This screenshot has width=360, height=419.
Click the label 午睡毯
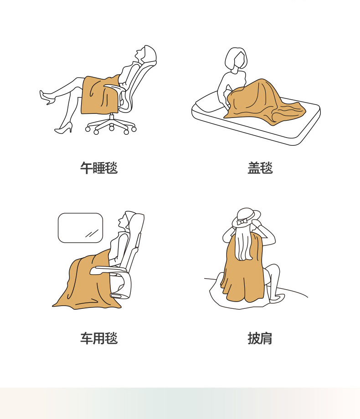(99, 168)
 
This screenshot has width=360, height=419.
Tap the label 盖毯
(260, 168)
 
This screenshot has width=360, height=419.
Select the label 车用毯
(99, 338)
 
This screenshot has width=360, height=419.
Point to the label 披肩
(260, 338)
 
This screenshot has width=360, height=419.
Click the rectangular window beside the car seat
(81, 228)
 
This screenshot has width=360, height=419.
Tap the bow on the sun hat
(242, 221)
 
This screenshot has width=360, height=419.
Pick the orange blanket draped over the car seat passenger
(86, 281)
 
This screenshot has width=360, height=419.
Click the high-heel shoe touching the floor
(64, 128)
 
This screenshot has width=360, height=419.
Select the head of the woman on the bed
(236, 59)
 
